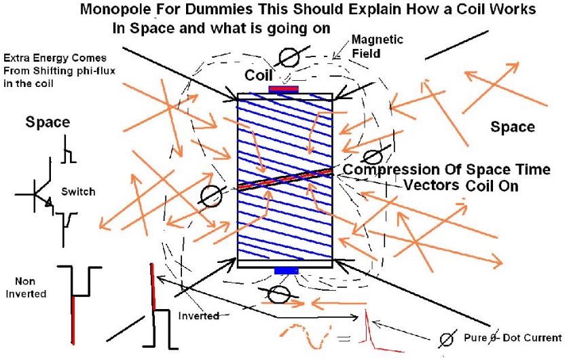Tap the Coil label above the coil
point(258,75)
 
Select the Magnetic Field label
point(377,46)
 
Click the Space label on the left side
point(48,122)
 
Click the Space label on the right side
point(512,127)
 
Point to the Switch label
point(78,192)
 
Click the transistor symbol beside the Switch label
point(35,188)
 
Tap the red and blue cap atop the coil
point(284,90)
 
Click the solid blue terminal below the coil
point(286,270)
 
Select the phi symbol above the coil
point(289,57)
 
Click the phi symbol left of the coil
point(212,196)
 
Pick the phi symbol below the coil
point(278,294)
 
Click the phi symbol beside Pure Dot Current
point(447,340)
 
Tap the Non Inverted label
point(26,287)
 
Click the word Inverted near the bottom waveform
point(198,315)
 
